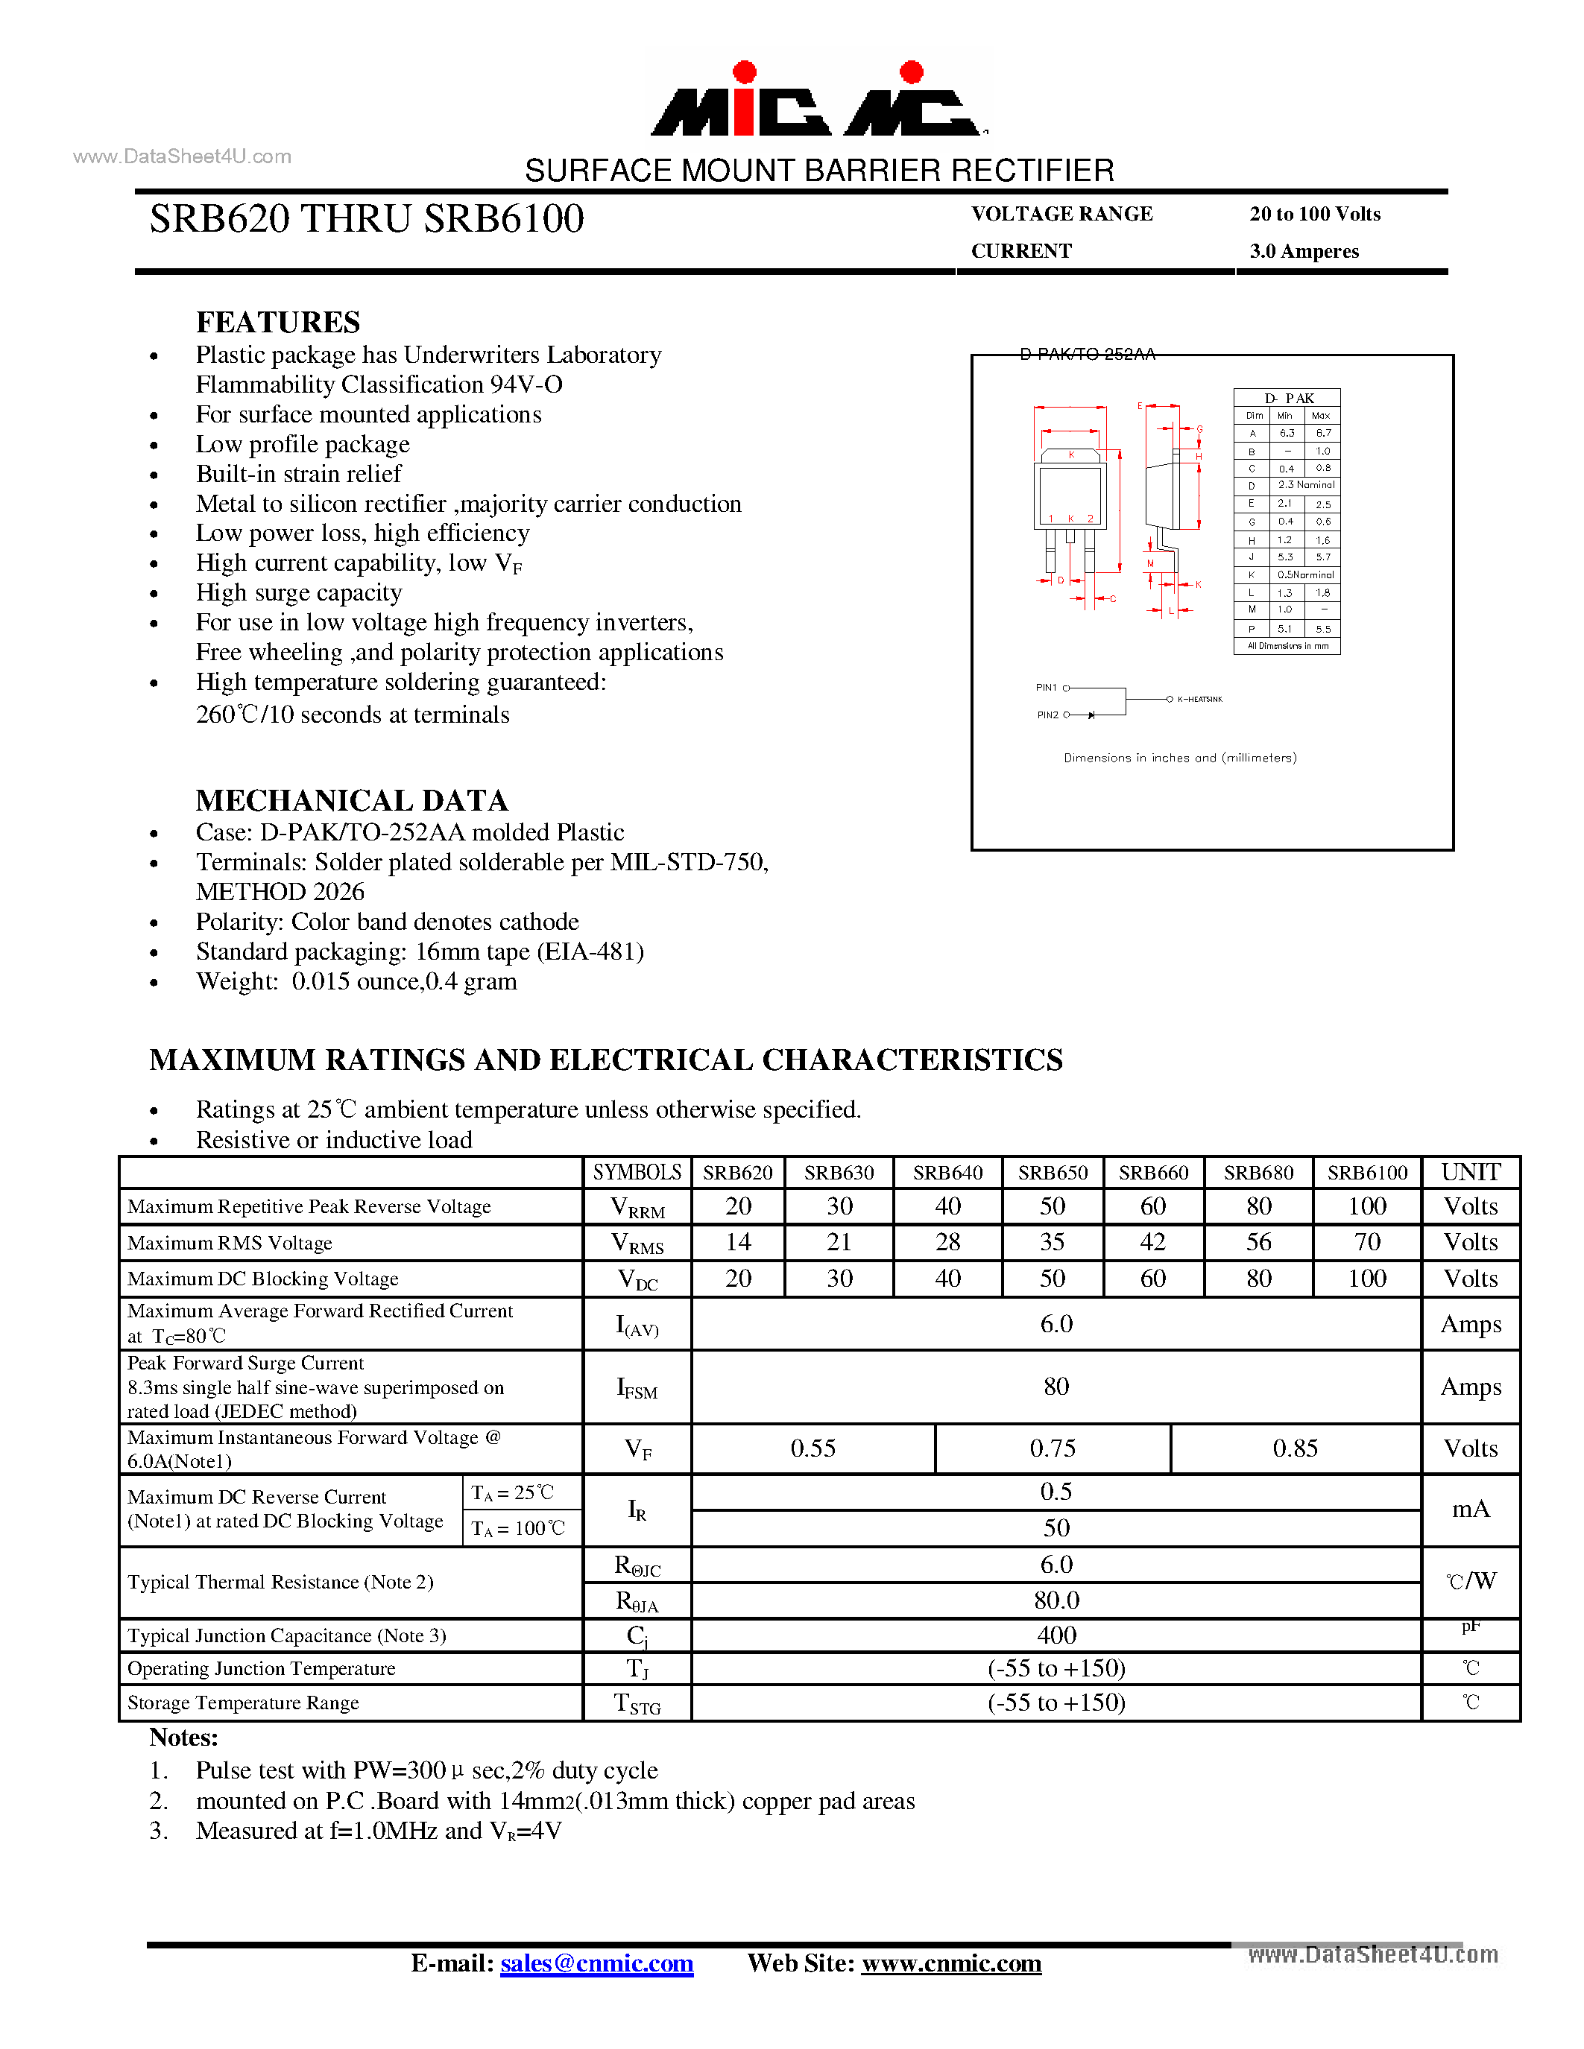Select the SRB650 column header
coord(1052,1173)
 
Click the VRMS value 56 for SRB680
coord(1258,1242)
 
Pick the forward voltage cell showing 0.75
coord(1052,1448)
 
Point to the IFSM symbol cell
coord(637,1387)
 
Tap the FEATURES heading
coord(278,322)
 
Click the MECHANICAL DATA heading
coord(352,800)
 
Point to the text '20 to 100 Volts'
coord(1315,214)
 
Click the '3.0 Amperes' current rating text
coord(1304,251)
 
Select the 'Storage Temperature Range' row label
coord(243,1703)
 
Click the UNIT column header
coord(1471,1173)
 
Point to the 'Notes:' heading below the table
coord(184,1738)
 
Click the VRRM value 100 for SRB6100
coord(1366,1206)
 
